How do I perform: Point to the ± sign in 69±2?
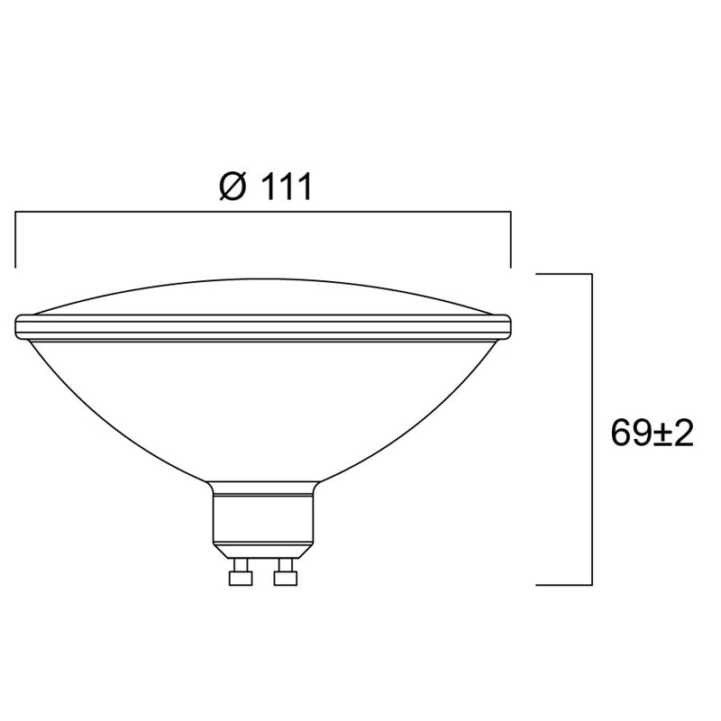click(660, 435)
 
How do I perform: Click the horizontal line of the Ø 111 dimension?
click(263, 213)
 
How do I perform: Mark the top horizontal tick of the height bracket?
click(564, 273)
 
